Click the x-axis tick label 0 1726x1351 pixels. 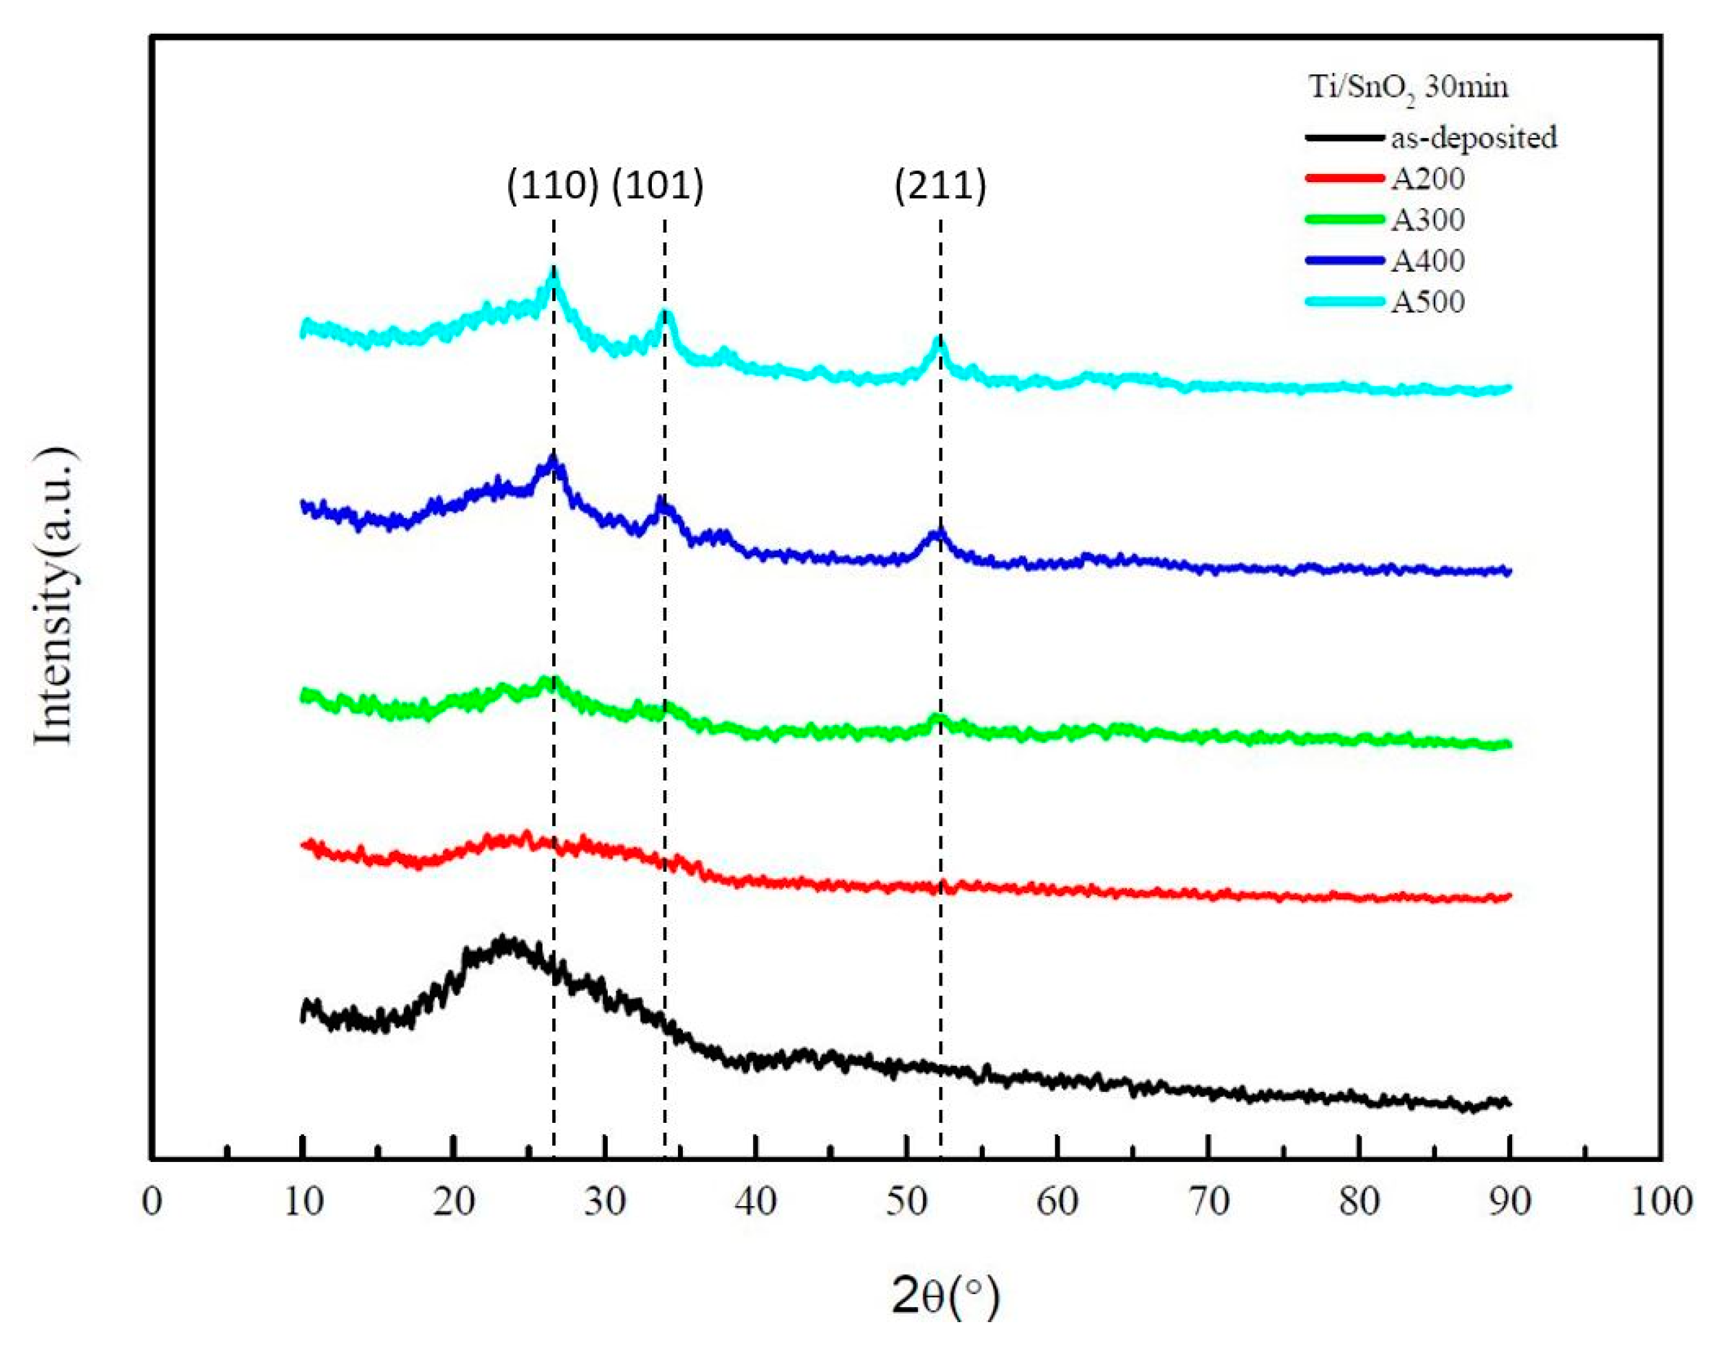[152, 1201]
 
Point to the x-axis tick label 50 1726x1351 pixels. [906, 1201]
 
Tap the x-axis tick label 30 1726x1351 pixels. [604, 1201]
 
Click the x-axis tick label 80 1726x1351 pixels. [1359, 1201]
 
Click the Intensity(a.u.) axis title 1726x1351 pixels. [56, 597]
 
